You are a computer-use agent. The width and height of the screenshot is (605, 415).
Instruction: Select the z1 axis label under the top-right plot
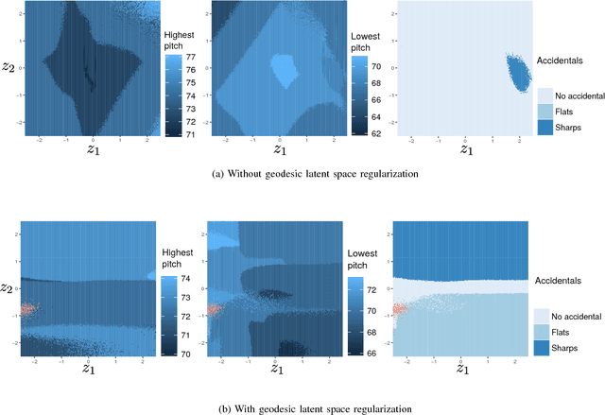[465, 148]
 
